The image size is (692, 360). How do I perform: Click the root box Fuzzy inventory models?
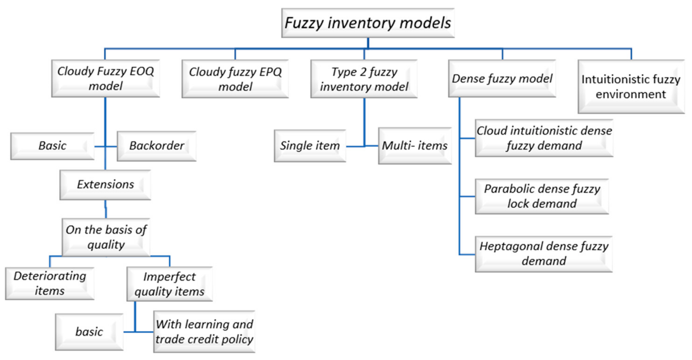368,23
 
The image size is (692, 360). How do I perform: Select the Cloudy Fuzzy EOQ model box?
106,78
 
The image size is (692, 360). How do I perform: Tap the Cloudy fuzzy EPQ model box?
235,79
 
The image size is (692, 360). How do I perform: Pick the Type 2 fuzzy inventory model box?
364,79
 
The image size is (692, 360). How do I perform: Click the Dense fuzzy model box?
502,78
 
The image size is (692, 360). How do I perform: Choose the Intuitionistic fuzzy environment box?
631,87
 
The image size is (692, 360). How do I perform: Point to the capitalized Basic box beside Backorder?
52,146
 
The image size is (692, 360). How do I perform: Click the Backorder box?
157,146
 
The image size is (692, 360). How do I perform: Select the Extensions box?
105,185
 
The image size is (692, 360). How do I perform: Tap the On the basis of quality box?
106,237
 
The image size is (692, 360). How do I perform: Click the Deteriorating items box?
50,284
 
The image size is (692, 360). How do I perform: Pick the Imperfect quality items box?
170,284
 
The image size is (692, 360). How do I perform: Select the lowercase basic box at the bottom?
89,332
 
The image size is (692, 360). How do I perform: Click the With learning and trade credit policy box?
204,332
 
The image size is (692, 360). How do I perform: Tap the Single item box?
310,146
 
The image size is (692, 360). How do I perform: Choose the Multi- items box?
415,146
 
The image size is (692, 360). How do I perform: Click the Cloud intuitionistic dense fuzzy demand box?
544,138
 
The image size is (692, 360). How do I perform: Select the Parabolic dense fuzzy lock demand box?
542,196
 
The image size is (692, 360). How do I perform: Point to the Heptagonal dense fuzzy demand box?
544,254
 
